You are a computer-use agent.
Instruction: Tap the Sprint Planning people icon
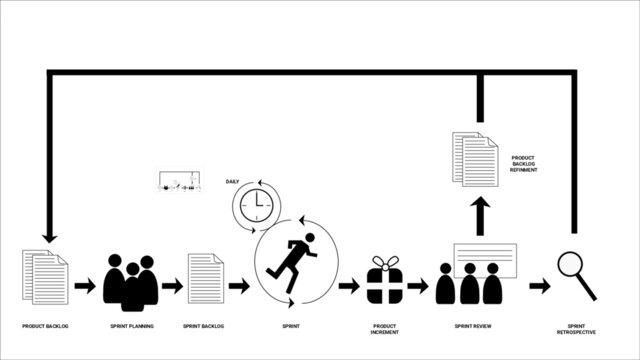(131, 282)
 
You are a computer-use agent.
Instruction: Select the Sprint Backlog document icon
(204, 278)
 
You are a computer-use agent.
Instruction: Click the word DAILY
(232, 182)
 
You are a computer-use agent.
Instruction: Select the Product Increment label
(385, 330)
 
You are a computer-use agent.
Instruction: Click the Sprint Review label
(473, 327)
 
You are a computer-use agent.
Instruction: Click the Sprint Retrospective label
(576, 330)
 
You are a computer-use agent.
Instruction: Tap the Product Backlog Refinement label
(524, 164)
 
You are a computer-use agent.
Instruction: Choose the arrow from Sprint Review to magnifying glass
(539, 286)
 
